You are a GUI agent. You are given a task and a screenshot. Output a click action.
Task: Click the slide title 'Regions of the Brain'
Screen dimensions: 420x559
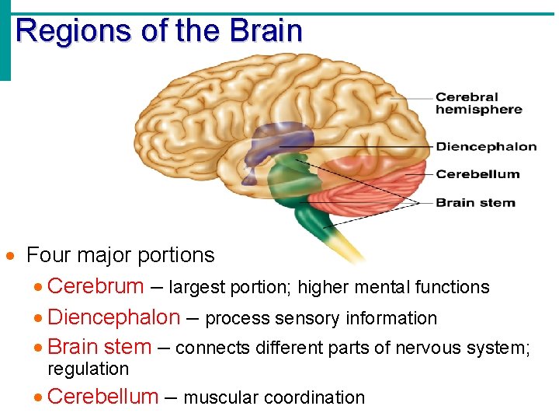[x=158, y=31]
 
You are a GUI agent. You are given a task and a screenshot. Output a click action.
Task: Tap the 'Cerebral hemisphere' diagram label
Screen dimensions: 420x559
[x=478, y=103]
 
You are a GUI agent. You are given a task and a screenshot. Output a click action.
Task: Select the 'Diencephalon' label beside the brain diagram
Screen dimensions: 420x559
[x=486, y=146]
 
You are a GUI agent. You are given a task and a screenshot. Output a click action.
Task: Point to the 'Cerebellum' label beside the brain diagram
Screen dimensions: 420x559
[x=477, y=173]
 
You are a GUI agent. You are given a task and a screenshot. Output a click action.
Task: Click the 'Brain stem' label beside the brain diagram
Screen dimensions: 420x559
[x=475, y=202]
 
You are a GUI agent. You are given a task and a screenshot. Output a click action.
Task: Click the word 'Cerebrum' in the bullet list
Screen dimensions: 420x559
[x=95, y=286]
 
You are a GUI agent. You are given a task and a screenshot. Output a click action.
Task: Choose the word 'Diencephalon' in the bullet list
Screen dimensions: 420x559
[x=113, y=317]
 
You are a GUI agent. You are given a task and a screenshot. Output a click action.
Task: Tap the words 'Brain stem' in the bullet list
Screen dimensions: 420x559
[x=99, y=347]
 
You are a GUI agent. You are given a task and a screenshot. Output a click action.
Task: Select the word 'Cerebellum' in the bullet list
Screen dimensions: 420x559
[x=102, y=397]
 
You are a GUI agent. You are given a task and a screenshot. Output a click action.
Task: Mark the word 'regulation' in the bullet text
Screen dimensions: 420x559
[x=88, y=369]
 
